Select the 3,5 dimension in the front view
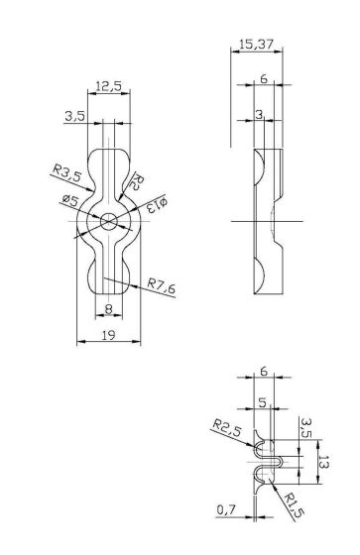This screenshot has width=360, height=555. [x=73, y=116]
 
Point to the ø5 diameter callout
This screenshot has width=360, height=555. [x=70, y=201]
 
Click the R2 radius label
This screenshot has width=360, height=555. [x=139, y=180]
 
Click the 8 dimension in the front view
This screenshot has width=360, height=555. [x=108, y=308]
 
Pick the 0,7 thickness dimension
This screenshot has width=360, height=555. [x=225, y=509]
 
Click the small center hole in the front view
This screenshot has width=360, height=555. [x=108, y=220]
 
